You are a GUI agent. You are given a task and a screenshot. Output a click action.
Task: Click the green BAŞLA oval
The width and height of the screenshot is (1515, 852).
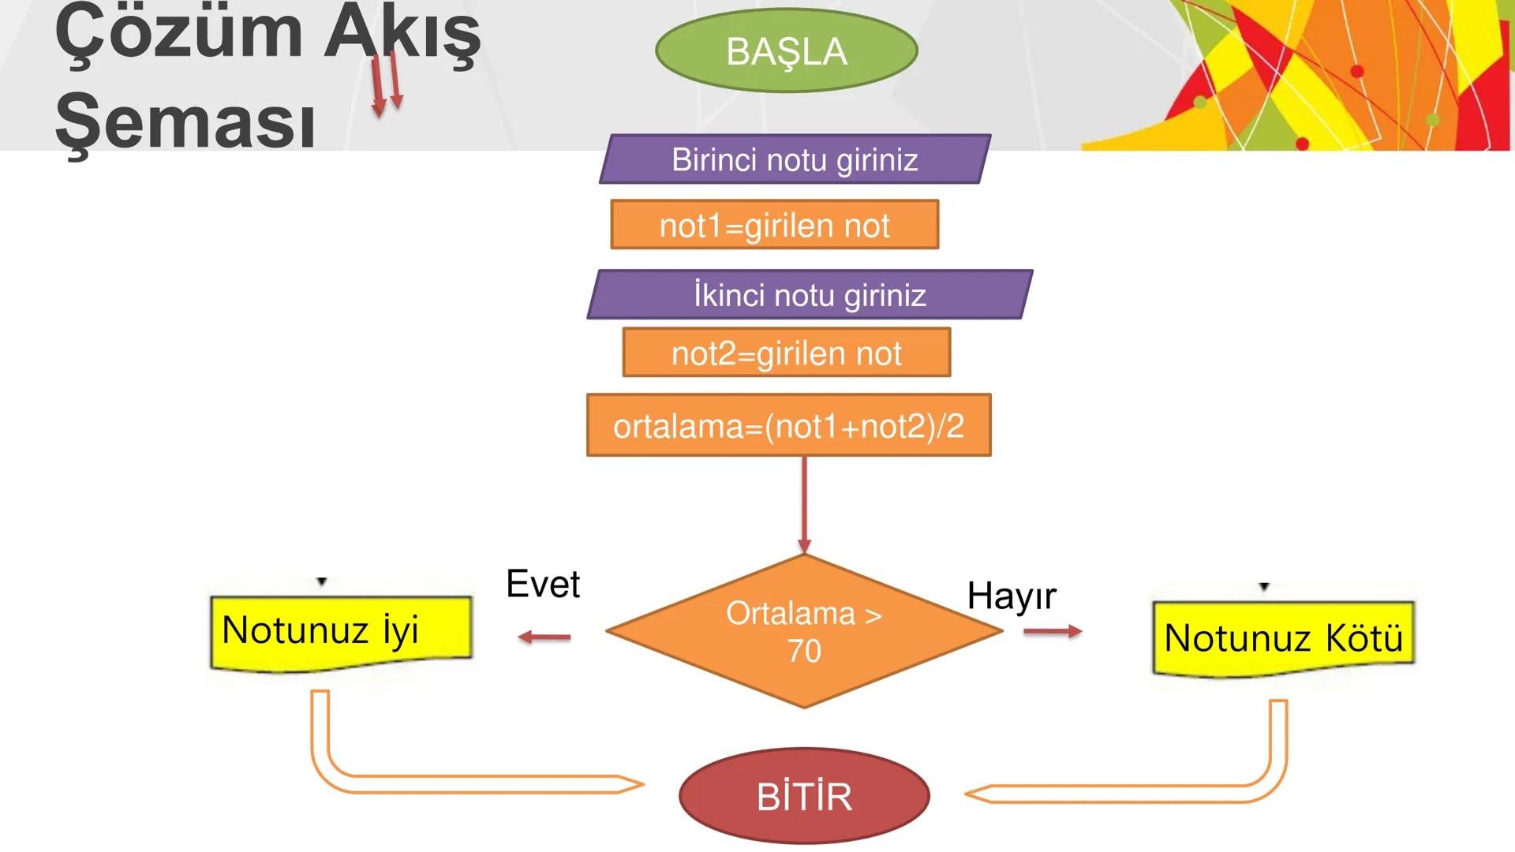pos(786,50)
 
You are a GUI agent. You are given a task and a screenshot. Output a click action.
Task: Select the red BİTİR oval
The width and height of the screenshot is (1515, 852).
pos(804,795)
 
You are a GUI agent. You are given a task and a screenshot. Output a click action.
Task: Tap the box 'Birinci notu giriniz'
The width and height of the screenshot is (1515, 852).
pos(795,159)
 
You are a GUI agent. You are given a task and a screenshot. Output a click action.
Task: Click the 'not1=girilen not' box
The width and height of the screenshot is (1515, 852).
pos(774,225)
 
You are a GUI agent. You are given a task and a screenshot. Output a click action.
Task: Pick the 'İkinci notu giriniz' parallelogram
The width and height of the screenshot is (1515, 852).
pos(810,295)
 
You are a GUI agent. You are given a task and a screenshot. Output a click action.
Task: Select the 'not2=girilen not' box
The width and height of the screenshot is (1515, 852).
pos(786,353)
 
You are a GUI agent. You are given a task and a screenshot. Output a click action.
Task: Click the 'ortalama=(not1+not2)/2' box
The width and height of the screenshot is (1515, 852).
pos(788,425)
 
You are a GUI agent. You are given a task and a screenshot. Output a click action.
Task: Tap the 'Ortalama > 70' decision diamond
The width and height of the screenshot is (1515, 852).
pos(804,631)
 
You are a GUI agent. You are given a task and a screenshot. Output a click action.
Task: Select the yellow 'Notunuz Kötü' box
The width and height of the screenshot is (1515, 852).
pos(1283,637)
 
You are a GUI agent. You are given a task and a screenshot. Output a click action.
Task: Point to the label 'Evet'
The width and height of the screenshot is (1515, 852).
pos(543,585)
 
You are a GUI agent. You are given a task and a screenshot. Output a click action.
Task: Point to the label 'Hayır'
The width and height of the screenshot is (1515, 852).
pos(1011,596)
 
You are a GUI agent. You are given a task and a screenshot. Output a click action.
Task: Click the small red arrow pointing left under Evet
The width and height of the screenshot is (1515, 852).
pos(544,637)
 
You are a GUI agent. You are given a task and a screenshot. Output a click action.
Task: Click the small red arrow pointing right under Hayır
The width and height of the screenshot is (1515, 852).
pos(1053,631)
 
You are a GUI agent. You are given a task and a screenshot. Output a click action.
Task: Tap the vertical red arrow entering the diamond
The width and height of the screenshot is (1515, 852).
pos(804,505)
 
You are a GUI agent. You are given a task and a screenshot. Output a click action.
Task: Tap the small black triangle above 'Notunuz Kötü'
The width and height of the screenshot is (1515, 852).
pos(1264,587)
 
